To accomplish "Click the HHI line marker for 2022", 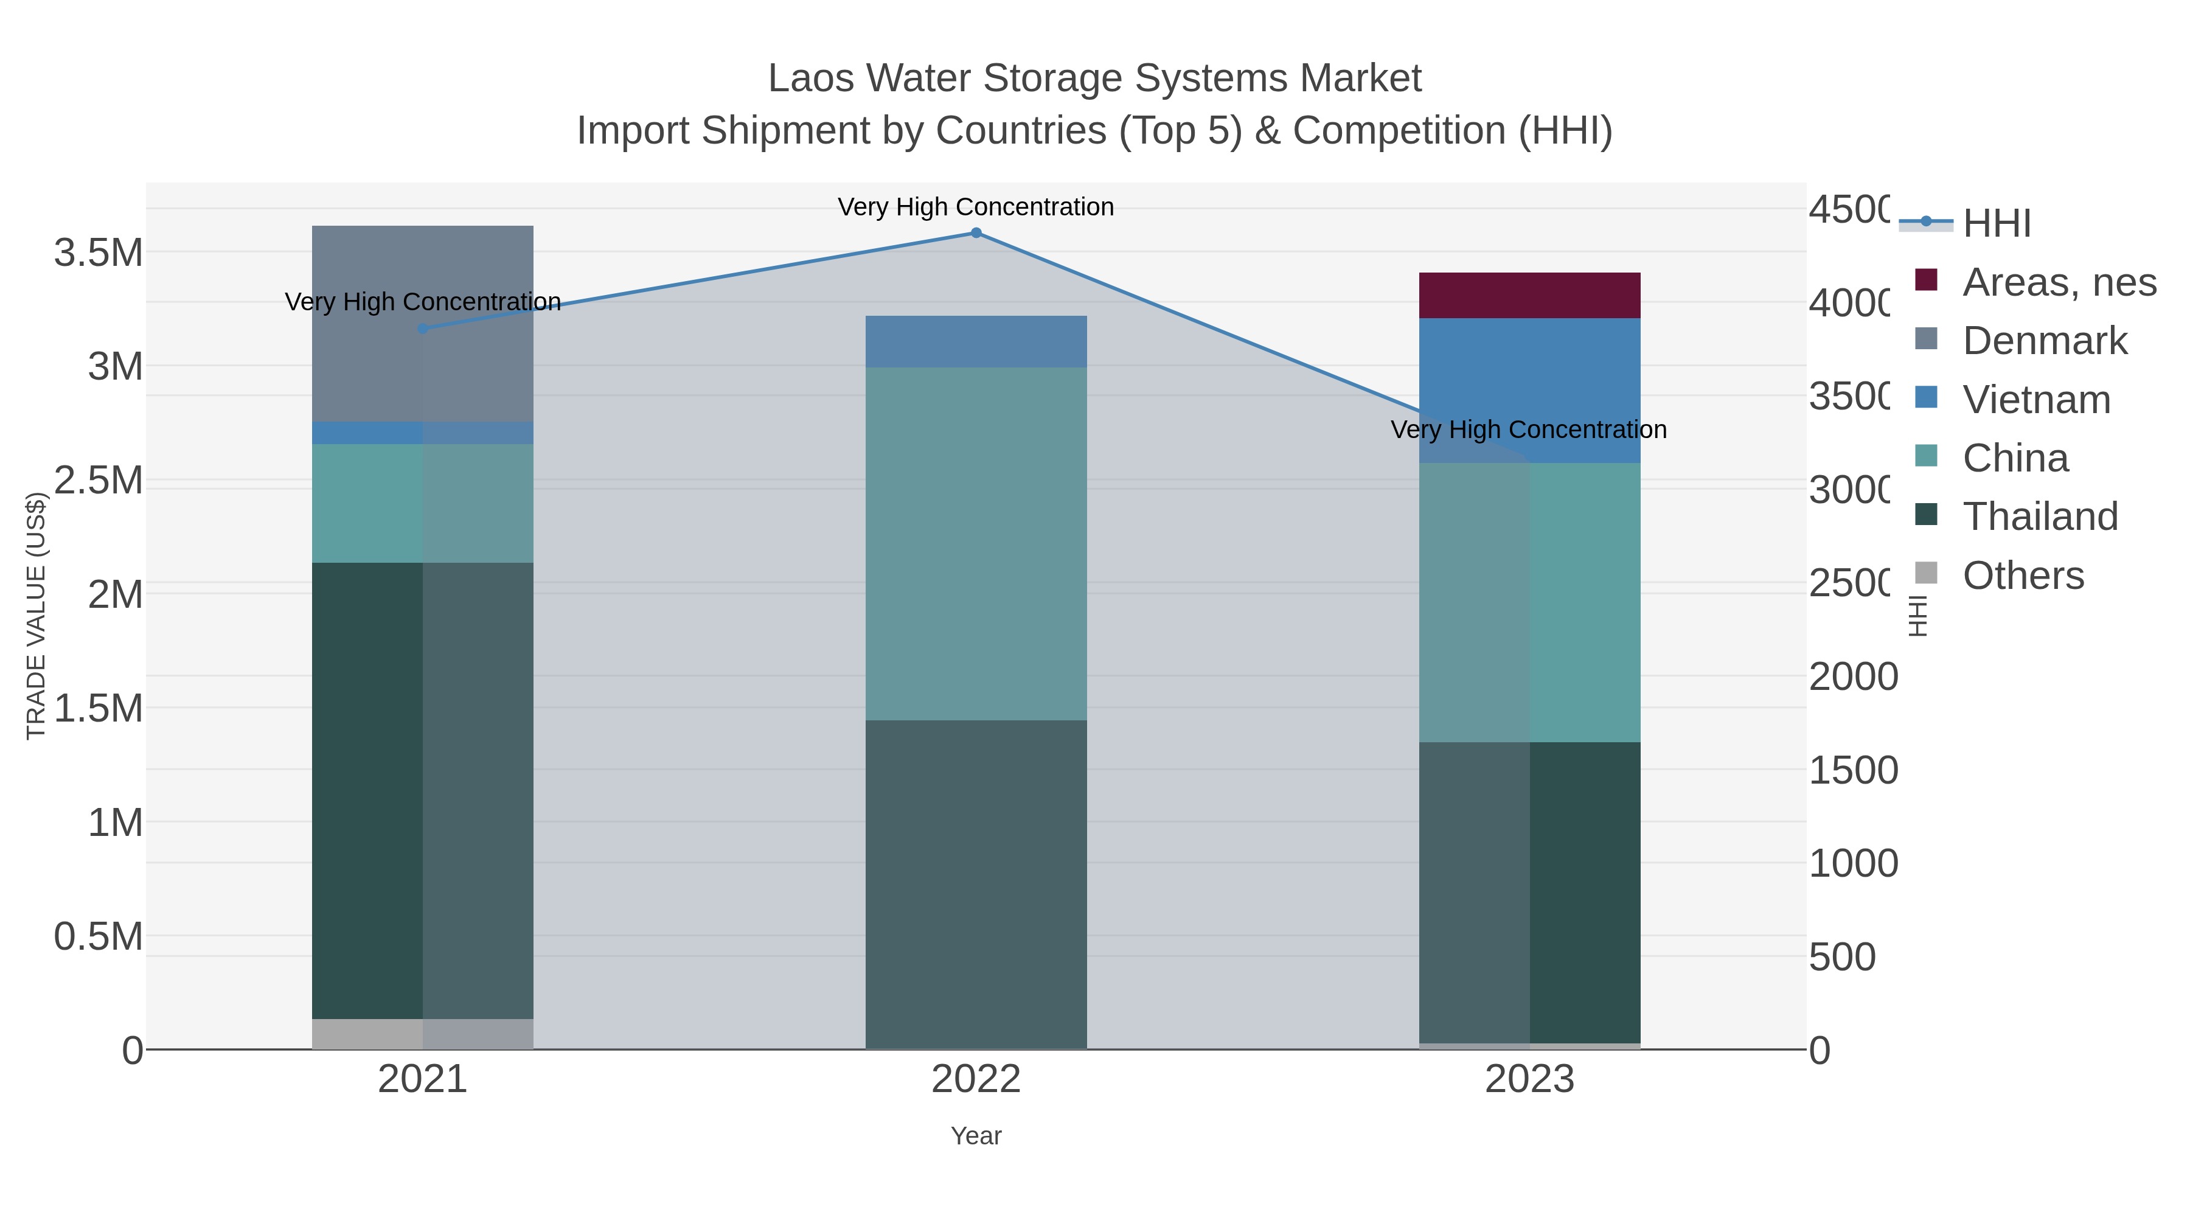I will (x=976, y=233).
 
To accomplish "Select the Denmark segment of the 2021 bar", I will (x=423, y=324).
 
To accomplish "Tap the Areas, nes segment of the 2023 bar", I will (x=1529, y=295).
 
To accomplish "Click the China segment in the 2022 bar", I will (x=976, y=544).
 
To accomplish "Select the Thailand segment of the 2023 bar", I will (x=1529, y=893).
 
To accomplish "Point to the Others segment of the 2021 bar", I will (x=423, y=1034).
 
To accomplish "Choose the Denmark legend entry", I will (x=2044, y=341).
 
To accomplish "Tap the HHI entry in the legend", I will (x=1996, y=224).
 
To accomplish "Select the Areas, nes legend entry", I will (x=2058, y=282).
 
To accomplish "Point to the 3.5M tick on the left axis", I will (x=99, y=253).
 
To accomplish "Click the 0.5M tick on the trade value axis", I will (x=99, y=937).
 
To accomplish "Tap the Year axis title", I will (x=976, y=1136).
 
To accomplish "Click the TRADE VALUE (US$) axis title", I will (x=36, y=616).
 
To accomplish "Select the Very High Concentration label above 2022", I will (x=976, y=207).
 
